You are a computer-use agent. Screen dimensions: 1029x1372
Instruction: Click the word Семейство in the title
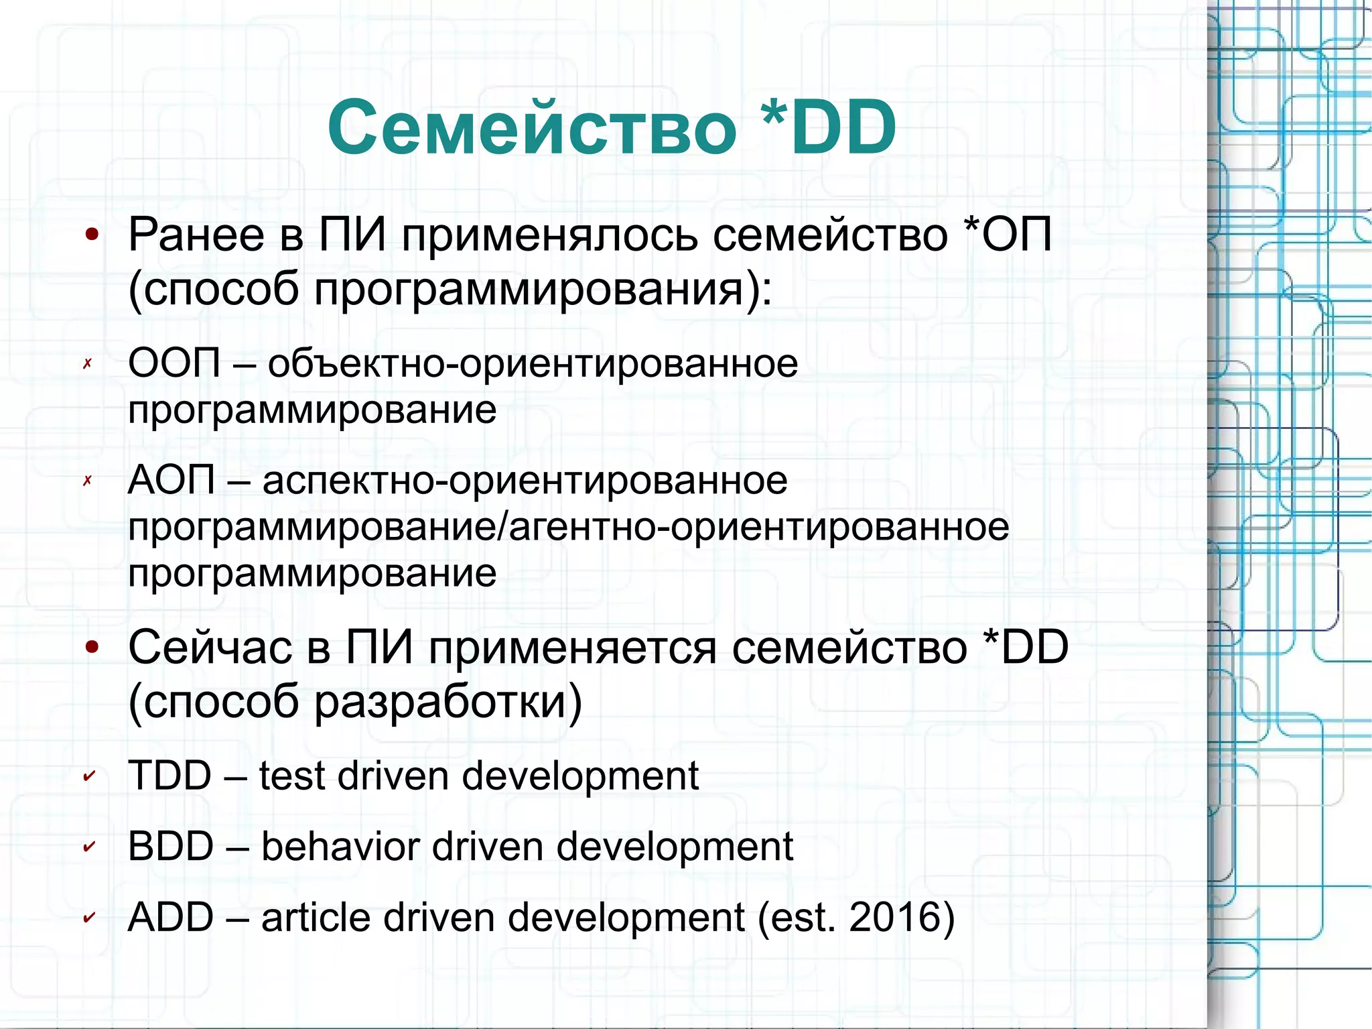pos(532,127)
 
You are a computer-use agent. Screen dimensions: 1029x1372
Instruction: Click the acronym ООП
pos(174,363)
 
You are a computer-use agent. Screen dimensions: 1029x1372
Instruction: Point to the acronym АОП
pos(171,480)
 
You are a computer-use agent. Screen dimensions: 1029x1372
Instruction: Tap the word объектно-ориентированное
pos(533,363)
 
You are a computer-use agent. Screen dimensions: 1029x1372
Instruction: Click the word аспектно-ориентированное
pos(525,480)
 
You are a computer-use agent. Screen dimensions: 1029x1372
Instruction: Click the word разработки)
pos(448,702)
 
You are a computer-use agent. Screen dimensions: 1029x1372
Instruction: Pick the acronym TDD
pos(169,776)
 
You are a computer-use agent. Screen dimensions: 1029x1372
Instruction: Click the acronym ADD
pos(170,917)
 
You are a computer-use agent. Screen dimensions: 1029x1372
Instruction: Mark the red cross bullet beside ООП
pos(87,364)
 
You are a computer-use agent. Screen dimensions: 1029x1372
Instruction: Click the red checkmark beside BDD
pos(88,847)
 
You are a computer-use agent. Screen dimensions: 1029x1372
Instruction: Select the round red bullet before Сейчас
pos(92,647)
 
